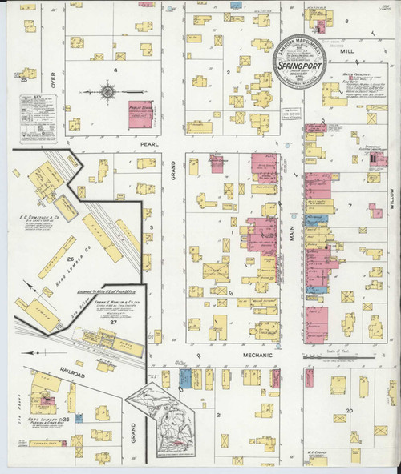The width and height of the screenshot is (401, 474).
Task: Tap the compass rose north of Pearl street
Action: click(107, 91)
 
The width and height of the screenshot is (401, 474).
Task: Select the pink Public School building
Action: click(140, 114)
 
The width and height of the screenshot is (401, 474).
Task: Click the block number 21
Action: click(218, 414)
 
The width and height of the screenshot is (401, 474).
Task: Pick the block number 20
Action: click(349, 410)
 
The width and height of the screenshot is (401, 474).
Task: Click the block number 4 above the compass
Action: click(115, 70)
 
